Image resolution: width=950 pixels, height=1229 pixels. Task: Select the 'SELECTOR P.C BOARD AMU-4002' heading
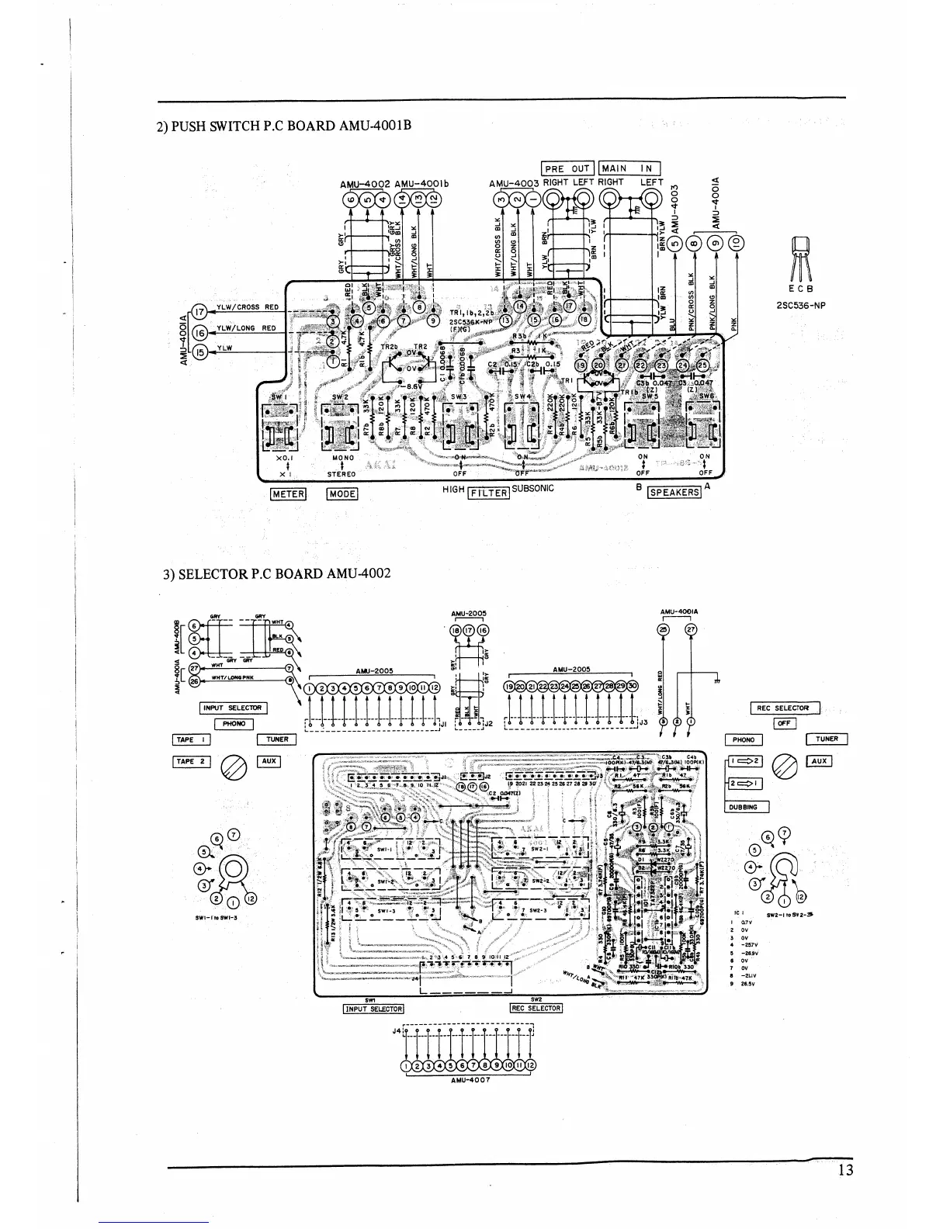click(276, 574)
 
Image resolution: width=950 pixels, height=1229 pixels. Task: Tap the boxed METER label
click(288, 493)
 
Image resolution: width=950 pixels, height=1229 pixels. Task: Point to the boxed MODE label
click(342, 493)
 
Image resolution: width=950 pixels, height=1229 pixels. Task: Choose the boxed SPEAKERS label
click(674, 491)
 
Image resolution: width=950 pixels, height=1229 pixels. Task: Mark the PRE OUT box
click(567, 168)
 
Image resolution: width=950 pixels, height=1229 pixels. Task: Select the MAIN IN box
click(629, 168)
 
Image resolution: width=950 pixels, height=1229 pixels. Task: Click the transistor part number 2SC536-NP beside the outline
click(800, 305)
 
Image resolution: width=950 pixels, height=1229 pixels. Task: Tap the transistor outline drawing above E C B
click(800, 260)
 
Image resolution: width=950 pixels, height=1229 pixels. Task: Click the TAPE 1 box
click(191, 739)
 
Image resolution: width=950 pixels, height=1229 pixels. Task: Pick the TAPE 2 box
click(191, 762)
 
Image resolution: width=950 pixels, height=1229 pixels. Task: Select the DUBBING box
click(746, 807)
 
